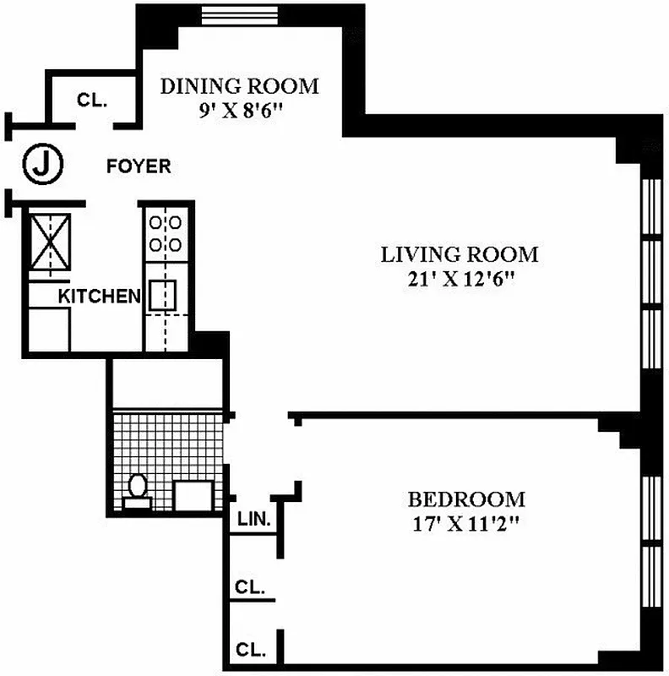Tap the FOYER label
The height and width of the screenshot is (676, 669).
click(139, 166)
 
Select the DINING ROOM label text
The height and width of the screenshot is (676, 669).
click(240, 86)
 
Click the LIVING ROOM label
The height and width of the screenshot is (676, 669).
click(460, 254)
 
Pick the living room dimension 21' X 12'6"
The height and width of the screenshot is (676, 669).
click(460, 280)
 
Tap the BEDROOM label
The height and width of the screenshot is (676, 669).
click(465, 499)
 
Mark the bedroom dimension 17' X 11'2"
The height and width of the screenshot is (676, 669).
click(465, 524)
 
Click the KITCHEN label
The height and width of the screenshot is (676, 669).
click(99, 297)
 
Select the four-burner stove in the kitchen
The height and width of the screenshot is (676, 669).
click(163, 234)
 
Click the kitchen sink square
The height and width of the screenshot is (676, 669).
click(163, 296)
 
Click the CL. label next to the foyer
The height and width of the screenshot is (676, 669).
click(91, 100)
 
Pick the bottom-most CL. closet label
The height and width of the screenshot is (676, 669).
click(251, 650)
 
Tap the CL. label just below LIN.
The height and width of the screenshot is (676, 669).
click(251, 586)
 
